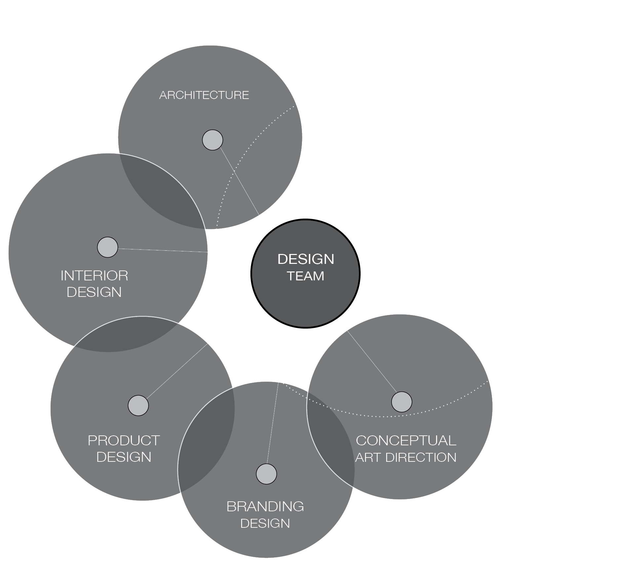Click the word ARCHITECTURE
[x=204, y=95]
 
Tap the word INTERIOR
[x=94, y=276]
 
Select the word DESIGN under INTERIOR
[x=94, y=292]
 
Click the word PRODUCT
[x=124, y=441]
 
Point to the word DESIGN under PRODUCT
[x=124, y=457]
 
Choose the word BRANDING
[x=265, y=507]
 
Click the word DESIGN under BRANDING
[x=265, y=523]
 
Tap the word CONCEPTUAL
[x=406, y=441]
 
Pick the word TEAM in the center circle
[x=306, y=276]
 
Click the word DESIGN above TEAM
[x=306, y=259]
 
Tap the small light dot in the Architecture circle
[x=212, y=140]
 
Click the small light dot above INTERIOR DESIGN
[x=108, y=247]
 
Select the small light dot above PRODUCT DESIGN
[x=138, y=405]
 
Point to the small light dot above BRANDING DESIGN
[x=266, y=474]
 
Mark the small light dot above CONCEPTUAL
[x=402, y=402]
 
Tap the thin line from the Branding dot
[x=273, y=425]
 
